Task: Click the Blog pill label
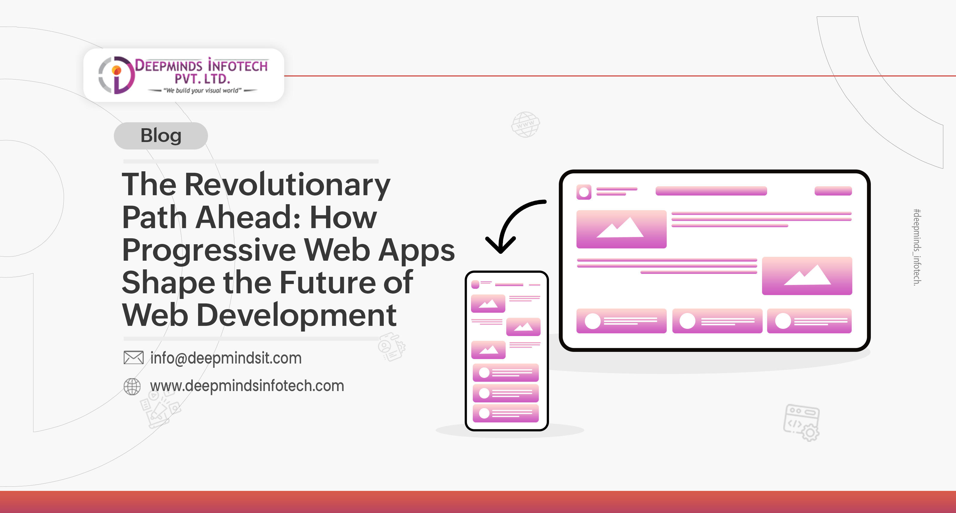[x=161, y=136]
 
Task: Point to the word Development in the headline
[x=296, y=315]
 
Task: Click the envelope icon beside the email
[x=133, y=358]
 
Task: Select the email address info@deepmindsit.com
[x=226, y=358]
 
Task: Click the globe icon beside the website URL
[x=132, y=387]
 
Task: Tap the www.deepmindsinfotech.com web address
[x=247, y=386]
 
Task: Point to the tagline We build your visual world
[x=203, y=91]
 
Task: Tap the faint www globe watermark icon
[x=525, y=125]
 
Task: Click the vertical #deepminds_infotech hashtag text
[x=917, y=247]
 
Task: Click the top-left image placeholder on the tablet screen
[x=621, y=229]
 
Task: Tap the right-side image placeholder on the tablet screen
[x=807, y=276]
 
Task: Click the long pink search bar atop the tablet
[x=711, y=191]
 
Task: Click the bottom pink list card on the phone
[x=505, y=413]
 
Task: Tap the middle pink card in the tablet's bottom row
[x=717, y=321]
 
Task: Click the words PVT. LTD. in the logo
[x=202, y=79]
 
